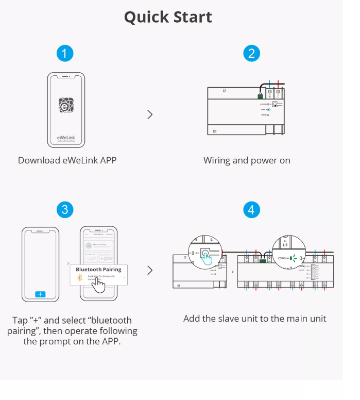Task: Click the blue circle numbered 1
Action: point(64,53)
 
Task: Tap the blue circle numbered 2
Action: point(251,53)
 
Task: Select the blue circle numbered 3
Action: point(64,209)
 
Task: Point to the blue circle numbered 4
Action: point(251,209)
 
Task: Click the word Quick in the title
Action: point(147,17)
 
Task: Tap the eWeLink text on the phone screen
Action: point(66,138)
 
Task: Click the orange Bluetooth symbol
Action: point(80,277)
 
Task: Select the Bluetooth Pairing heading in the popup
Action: point(98,269)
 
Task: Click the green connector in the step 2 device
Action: point(261,95)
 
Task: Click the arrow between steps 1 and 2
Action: point(150,114)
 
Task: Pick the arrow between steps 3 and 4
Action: point(150,270)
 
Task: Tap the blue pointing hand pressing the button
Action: point(209,260)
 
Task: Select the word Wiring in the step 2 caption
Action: point(217,160)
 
